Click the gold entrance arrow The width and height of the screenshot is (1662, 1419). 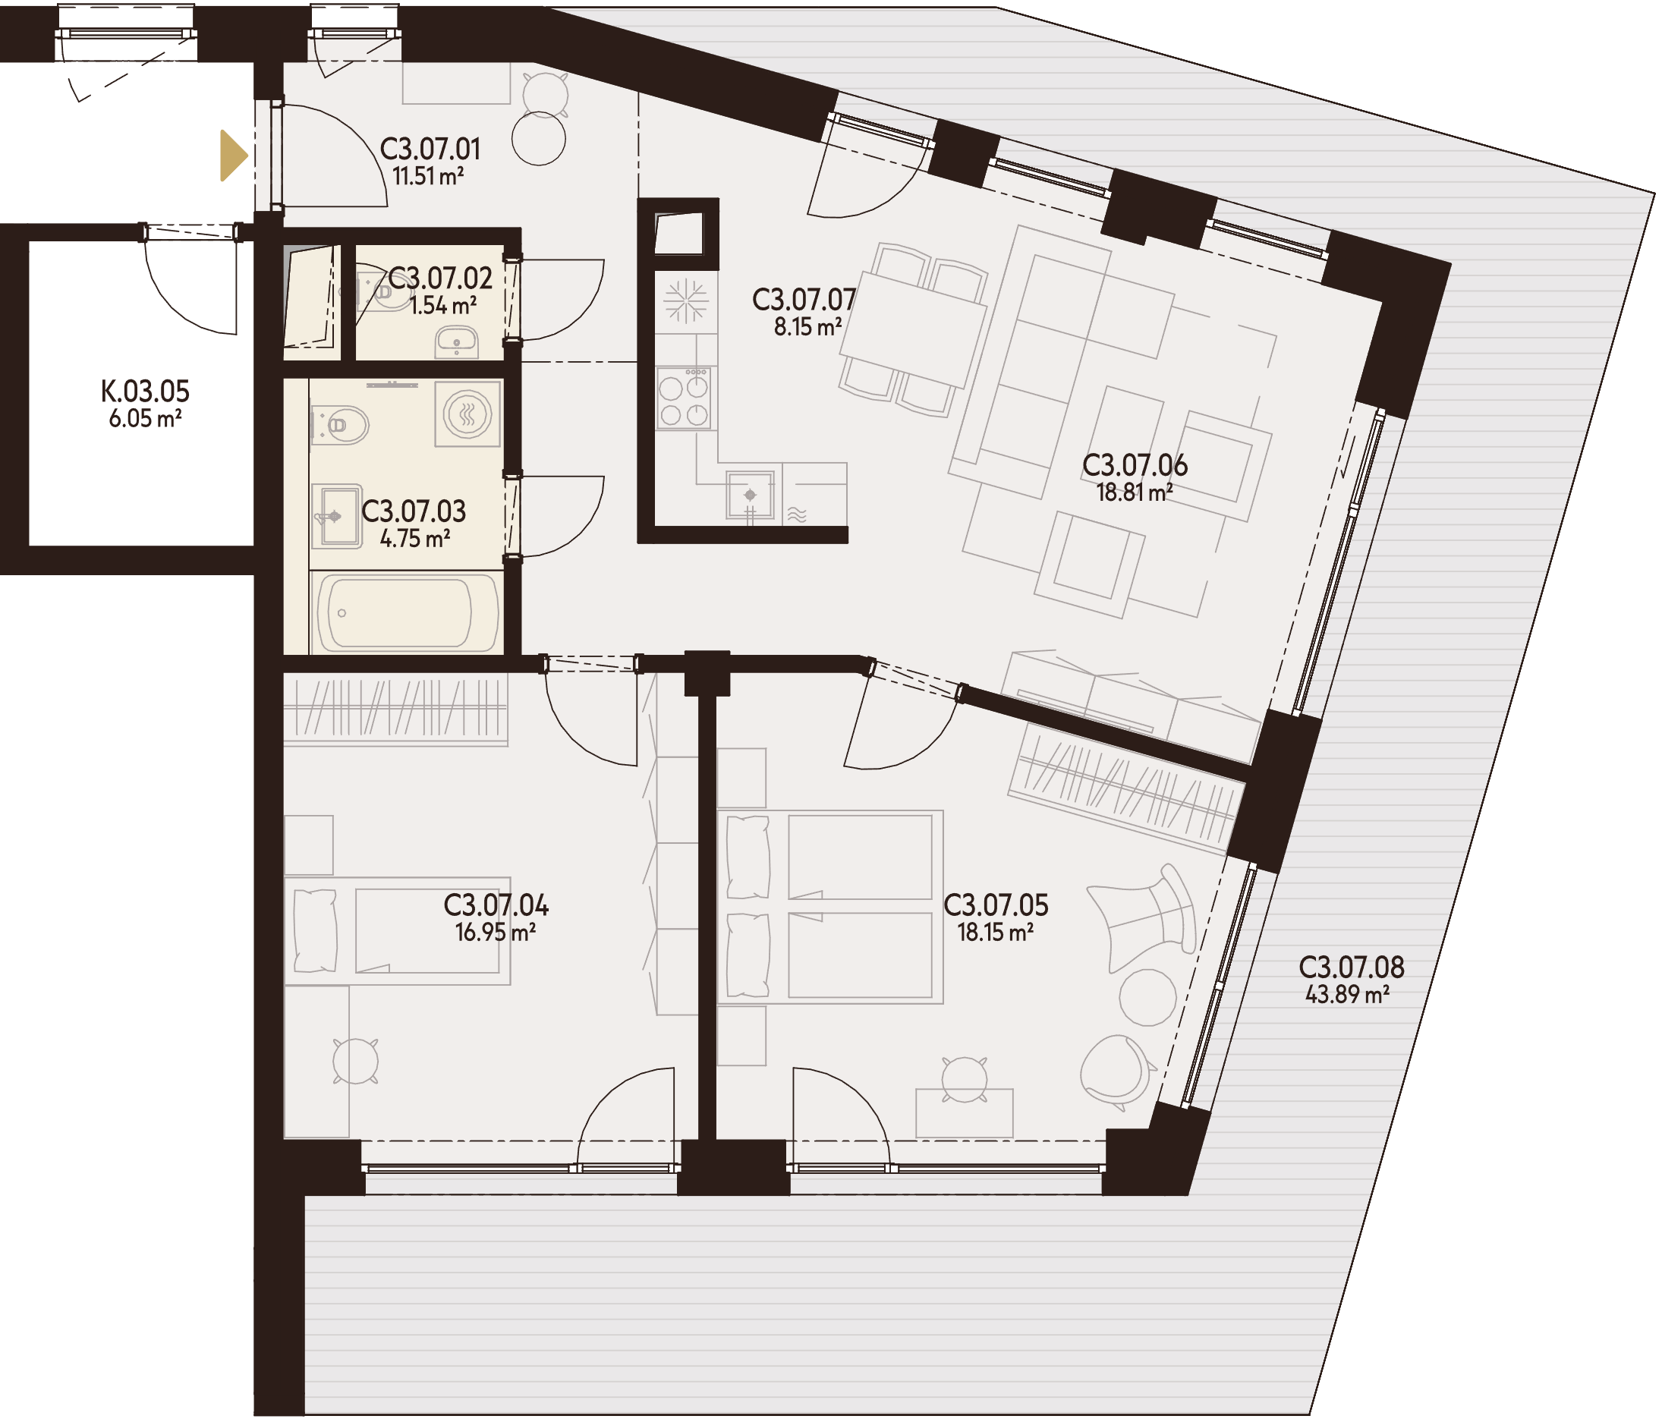click(233, 156)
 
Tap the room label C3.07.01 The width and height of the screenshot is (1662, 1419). click(430, 149)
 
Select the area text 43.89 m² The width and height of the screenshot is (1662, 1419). click(1347, 995)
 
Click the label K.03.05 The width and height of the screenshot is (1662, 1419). click(145, 392)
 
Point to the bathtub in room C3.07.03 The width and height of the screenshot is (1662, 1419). click(406, 614)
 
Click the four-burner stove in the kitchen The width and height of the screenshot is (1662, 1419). click(684, 398)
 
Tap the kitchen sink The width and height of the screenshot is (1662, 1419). click(750, 495)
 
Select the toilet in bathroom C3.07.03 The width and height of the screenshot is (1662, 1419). click(339, 424)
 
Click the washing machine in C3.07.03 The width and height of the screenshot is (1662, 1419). click(467, 414)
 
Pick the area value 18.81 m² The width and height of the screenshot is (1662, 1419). click(1135, 492)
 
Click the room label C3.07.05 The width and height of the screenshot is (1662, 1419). click(996, 905)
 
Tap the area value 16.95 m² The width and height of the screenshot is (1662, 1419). click(495, 932)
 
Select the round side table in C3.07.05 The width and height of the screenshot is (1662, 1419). click(1147, 997)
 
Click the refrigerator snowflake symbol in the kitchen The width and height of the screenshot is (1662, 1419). click(685, 300)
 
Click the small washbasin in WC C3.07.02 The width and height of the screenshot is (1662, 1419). click(456, 342)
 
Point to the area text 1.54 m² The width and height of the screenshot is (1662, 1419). click(442, 306)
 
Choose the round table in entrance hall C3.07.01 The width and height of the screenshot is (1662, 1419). click(539, 139)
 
